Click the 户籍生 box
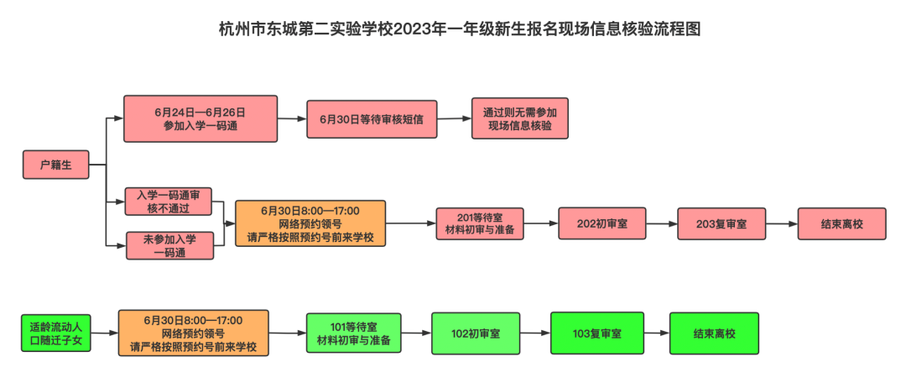click(55, 165)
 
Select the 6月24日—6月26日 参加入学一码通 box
click(200, 118)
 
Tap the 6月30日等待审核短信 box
click(371, 119)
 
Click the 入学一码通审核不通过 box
click(168, 201)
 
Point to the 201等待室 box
click(481, 223)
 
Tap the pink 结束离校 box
click(841, 224)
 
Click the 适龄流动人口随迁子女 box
click(55, 333)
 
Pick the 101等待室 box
click(353, 333)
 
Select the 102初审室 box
click(476, 333)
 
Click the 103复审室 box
click(596, 333)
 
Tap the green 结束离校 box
click(714, 333)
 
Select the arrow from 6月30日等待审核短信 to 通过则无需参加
click(454, 118)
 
